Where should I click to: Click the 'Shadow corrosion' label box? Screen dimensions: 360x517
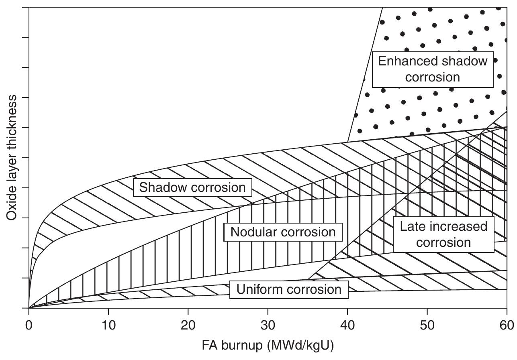pos(192,187)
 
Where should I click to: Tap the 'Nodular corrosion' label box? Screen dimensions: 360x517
pos(283,232)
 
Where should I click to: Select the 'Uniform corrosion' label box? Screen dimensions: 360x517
pos(289,289)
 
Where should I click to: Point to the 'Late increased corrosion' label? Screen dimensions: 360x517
pos(443,234)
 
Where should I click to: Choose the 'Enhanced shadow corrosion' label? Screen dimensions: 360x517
pos(432,69)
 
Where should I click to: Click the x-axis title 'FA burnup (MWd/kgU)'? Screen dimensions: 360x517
pos(268,346)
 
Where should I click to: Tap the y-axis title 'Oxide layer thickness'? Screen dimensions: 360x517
pos(12,157)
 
